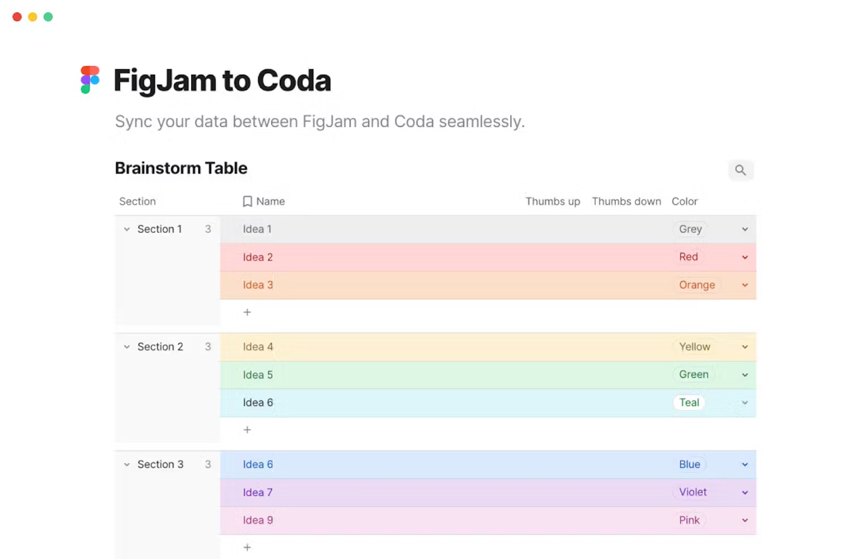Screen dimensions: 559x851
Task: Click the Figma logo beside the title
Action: coord(90,79)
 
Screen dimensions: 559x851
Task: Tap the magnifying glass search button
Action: coord(740,170)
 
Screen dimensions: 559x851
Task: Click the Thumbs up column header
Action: coord(553,201)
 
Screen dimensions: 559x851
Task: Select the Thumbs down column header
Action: coord(626,201)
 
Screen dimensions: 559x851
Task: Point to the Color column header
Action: coord(684,201)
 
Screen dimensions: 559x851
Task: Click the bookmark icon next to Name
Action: coord(247,201)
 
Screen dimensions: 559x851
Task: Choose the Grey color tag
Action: coord(690,229)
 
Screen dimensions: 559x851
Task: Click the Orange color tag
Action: coord(697,285)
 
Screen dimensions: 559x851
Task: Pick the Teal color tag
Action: coord(689,402)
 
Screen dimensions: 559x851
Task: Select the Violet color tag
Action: coord(693,492)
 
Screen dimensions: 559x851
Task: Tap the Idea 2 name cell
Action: coord(258,257)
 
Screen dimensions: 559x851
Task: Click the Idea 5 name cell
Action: coord(258,375)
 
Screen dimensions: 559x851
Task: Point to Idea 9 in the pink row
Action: coord(258,520)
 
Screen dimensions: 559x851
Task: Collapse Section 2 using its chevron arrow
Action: coord(127,347)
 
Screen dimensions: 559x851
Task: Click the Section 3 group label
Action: coord(161,464)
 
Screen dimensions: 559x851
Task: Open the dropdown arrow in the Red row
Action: coord(745,257)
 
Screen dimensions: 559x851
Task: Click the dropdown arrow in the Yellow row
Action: coord(745,347)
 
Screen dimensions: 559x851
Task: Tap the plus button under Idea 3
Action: coord(247,312)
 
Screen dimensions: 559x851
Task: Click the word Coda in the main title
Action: coord(294,80)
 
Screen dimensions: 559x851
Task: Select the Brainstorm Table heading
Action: coord(181,168)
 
